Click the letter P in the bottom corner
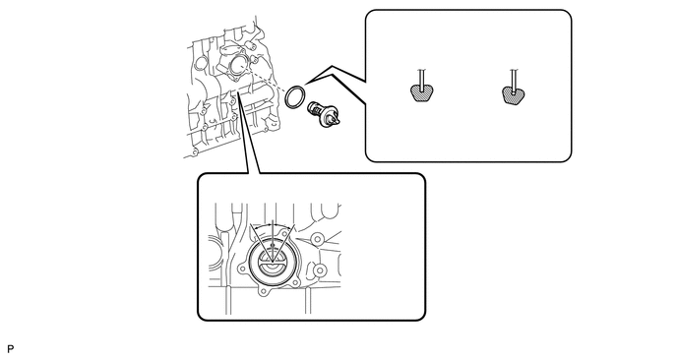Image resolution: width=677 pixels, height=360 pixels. click(11, 349)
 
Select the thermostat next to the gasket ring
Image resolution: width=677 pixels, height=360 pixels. click(324, 114)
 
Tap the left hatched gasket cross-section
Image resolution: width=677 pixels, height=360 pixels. click(421, 92)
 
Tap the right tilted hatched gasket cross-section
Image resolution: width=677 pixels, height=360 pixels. click(514, 94)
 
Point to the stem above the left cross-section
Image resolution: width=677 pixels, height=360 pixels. click(422, 80)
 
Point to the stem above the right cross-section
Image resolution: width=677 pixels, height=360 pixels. click(514, 81)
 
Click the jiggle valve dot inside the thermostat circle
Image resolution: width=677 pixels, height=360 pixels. click(272, 246)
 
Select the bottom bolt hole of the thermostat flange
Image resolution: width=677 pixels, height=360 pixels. click(263, 291)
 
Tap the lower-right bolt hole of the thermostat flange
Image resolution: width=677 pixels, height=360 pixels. click(295, 282)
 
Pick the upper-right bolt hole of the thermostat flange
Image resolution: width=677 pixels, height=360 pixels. click(284, 233)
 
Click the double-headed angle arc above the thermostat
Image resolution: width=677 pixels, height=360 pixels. click(273, 225)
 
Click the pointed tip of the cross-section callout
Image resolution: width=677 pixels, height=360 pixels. click(305, 84)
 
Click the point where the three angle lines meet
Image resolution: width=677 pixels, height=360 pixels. click(272, 262)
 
